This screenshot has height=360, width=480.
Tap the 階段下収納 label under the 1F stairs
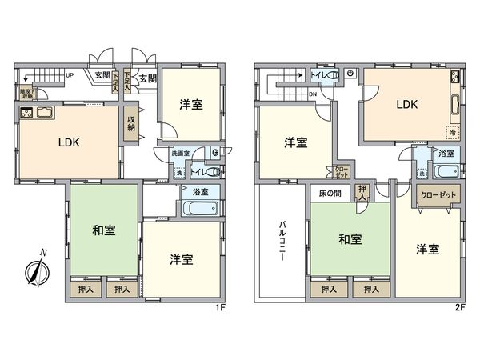(x=27, y=92)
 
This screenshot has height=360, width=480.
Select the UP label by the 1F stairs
(x=70, y=76)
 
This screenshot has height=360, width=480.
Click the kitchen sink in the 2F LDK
(x=455, y=104)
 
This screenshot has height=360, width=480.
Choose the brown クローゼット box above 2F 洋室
(x=435, y=194)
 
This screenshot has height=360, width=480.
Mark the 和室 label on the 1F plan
(x=103, y=230)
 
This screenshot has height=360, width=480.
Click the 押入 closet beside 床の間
(x=363, y=193)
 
